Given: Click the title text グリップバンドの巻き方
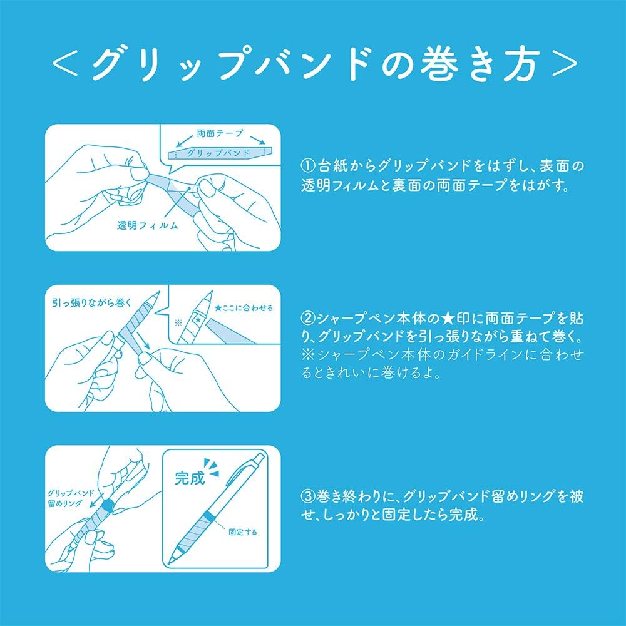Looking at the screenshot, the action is click(315, 64).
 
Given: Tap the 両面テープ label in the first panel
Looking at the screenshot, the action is click(220, 133).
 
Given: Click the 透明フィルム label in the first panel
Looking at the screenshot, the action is click(147, 225).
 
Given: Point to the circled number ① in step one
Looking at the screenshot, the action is click(308, 166).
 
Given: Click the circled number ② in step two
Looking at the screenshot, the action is click(308, 319).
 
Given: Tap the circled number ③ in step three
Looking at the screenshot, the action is click(308, 496).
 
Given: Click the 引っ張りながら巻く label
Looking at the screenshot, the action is click(91, 303).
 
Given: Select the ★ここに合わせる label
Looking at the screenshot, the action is click(244, 308).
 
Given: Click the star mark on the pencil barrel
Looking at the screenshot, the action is click(198, 319).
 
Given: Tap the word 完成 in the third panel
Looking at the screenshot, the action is click(190, 478).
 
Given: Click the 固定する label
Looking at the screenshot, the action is click(243, 532).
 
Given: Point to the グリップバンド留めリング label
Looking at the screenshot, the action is click(71, 498).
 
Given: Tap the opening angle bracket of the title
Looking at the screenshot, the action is click(64, 64).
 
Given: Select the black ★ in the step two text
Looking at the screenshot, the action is click(449, 319).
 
